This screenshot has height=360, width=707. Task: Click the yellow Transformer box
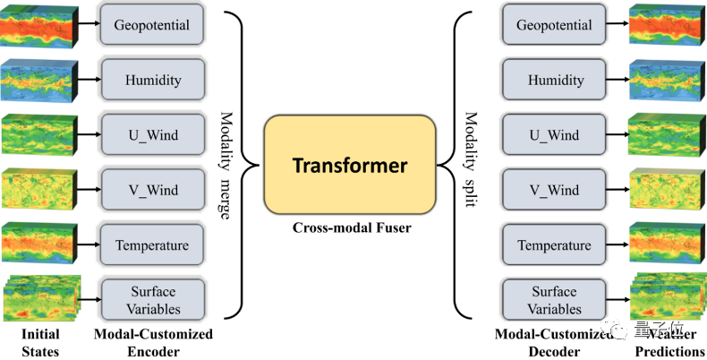point(349,166)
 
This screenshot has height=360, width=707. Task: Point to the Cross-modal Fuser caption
point(350,228)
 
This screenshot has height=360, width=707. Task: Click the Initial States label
point(40,343)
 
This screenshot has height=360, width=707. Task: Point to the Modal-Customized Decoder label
point(552,343)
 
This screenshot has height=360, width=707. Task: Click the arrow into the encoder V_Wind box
point(90,191)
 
